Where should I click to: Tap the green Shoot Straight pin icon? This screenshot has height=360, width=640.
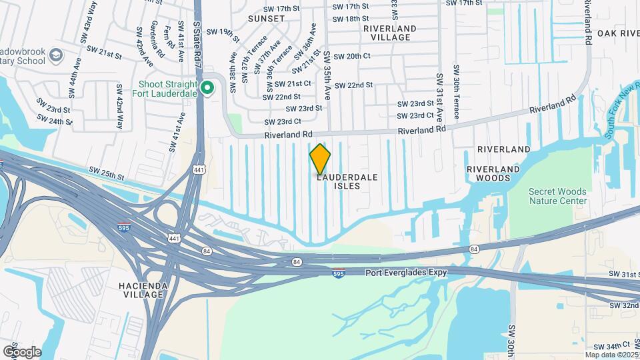[207, 87]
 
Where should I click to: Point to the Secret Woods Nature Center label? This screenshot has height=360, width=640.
[558, 196]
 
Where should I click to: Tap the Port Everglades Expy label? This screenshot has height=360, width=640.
[405, 272]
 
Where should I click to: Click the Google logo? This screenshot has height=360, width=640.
[22, 352]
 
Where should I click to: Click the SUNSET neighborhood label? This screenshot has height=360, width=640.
[266, 18]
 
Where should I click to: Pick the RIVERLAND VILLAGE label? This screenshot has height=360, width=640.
[390, 33]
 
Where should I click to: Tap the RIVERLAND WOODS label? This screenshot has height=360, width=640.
[493, 173]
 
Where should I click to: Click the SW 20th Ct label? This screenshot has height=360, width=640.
[351, 57]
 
